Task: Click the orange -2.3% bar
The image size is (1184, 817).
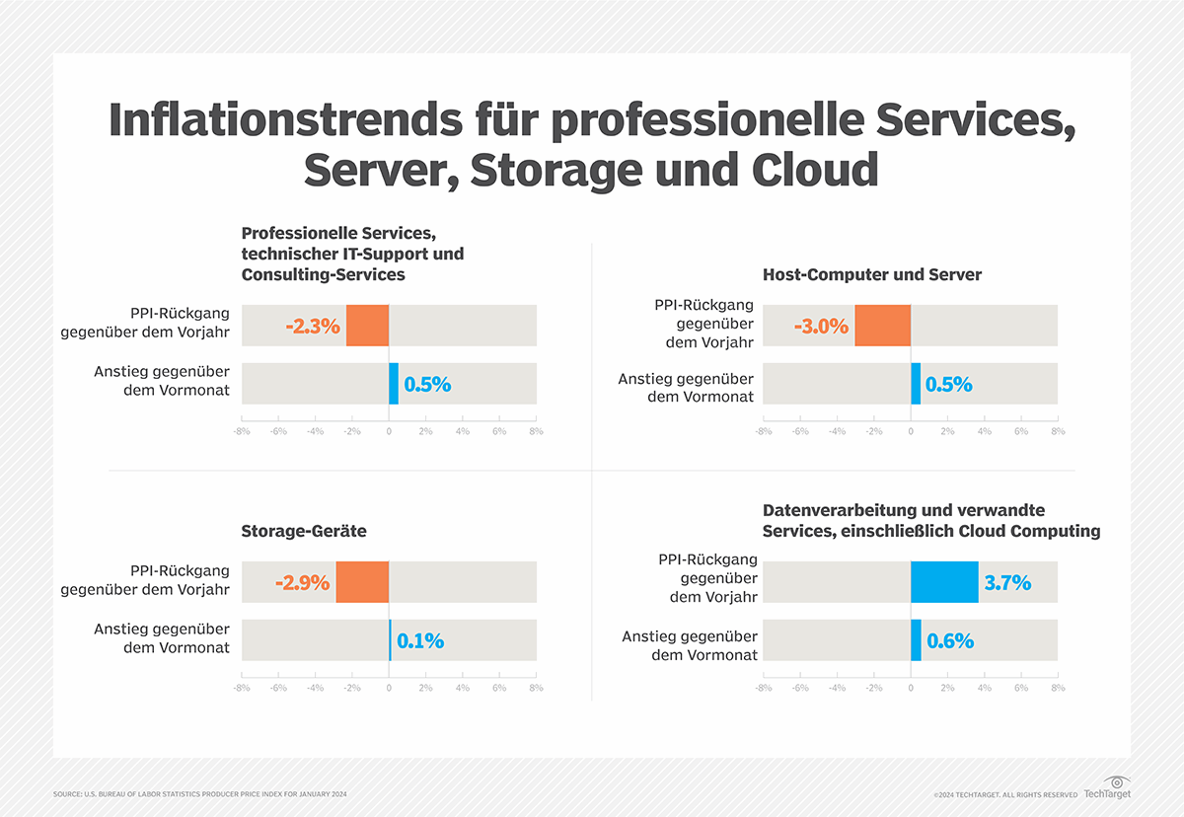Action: click(x=367, y=326)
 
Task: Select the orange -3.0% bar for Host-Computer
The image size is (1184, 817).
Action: click(x=882, y=326)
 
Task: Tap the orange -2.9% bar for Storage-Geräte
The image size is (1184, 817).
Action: click(x=362, y=582)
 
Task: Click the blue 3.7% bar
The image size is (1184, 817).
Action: click(x=944, y=582)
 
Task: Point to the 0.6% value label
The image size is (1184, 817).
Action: click(x=950, y=640)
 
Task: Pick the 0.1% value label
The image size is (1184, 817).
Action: click(x=420, y=640)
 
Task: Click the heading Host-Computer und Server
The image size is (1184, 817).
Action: click(x=872, y=274)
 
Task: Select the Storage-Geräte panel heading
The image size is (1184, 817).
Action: click(x=304, y=531)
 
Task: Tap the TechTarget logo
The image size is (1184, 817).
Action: click(x=1107, y=787)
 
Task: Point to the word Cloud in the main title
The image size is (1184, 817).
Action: click(x=814, y=170)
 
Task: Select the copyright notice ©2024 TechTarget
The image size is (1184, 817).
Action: click(x=1004, y=794)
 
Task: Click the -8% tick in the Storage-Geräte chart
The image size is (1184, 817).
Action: click(x=241, y=688)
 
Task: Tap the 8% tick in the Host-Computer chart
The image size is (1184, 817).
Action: click(x=1058, y=431)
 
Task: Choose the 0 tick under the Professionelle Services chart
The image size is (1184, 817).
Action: click(x=389, y=431)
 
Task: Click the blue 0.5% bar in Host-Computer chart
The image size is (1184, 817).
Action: click(x=916, y=384)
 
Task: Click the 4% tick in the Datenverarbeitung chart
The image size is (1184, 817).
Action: click(x=984, y=688)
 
